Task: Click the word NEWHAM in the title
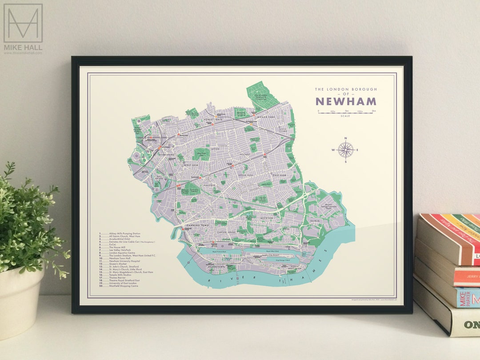tap(345, 101)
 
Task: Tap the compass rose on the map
tap(345, 150)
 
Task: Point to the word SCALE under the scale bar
tap(345, 116)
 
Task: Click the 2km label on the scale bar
tap(374, 111)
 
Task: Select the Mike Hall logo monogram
tap(23, 23)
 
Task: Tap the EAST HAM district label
tap(279, 176)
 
